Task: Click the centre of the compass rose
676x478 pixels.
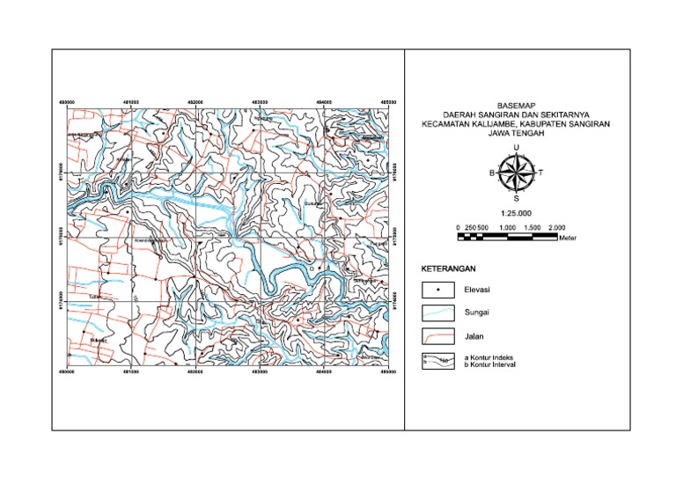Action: [x=516, y=173]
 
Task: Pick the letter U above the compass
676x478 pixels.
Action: [x=516, y=148]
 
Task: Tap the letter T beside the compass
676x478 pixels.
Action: [x=540, y=173]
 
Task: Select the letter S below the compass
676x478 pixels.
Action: [x=516, y=198]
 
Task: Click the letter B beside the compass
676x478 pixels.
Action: [x=492, y=173]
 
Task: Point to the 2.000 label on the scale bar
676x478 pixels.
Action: [x=555, y=228]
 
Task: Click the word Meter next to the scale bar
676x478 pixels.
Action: [x=567, y=239]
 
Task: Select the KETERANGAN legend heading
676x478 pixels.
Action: [x=448, y=268]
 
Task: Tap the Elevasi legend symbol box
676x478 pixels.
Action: [x=436, y=289]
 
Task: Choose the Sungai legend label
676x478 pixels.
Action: [x=474, y=312]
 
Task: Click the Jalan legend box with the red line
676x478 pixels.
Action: [x=436, y=335]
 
